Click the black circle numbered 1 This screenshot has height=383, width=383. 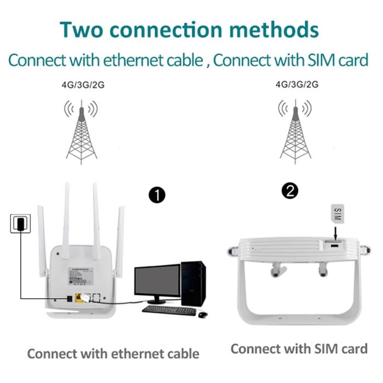click(x=157, y=195)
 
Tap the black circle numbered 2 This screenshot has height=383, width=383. click(x=289, y=191)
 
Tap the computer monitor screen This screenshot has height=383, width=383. click(x=157, y=282)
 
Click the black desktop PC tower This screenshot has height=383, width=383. click(x=193, y=283)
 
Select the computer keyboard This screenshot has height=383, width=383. click(x=169, y=310)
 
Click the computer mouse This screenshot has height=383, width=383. click(x=202, y=314)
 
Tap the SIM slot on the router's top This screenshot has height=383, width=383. click(x=334, y=244)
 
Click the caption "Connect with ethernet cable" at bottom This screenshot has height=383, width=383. click(x=113, y=353)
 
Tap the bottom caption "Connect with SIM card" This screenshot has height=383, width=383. click(x=299, y=349)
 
